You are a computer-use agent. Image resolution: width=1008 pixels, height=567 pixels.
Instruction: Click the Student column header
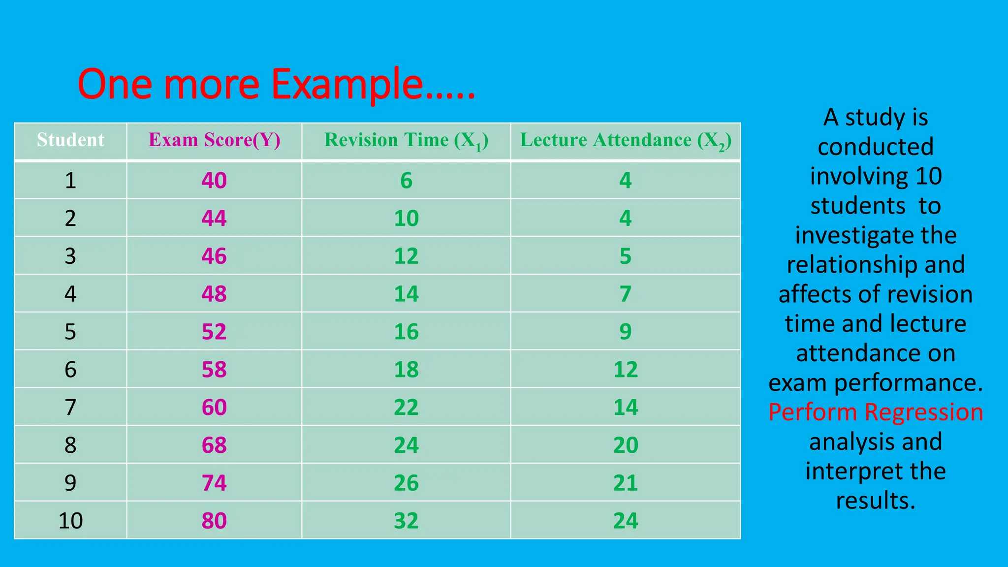point(70,140)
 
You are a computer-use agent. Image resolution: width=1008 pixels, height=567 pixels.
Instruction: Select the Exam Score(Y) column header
point(214,140)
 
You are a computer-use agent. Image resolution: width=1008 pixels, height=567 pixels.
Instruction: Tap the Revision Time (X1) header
point(406,141)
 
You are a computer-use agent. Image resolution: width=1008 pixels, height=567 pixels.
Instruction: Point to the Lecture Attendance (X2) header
point(626,141)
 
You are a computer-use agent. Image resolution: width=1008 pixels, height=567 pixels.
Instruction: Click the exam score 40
point(214,181)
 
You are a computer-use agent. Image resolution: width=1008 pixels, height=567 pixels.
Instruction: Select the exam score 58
point(214,370)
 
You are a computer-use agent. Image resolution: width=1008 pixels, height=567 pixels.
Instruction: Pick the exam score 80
point(214,521)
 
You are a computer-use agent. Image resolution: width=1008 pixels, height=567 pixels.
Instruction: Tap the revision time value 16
point(406,332)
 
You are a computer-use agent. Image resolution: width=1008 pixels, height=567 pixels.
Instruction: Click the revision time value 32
point(406,521)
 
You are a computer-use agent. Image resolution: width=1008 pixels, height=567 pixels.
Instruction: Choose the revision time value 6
point(406,181)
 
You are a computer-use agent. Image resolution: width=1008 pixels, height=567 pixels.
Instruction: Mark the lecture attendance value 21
point(626,483)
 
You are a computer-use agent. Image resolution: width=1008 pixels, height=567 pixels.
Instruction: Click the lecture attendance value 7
point(626,294)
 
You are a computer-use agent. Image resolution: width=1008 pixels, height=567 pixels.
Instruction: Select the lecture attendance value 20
point(626,445)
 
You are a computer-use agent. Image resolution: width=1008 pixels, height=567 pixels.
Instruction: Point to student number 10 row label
point(70,521)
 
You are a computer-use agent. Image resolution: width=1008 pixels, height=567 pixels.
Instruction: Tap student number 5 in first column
point(70,332)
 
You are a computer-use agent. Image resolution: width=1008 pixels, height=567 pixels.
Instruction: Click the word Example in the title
point(347,85)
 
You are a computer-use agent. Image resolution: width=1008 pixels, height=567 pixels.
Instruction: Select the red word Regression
point(924,412)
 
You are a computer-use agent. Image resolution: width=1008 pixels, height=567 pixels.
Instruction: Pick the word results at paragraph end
point(876,501)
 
